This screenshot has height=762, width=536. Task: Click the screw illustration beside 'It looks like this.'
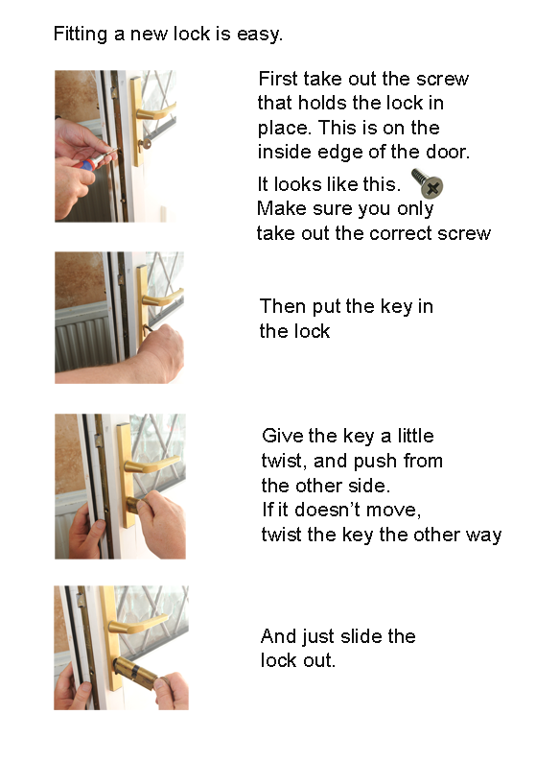[x=428, y=183]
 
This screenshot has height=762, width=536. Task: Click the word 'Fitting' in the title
[x=81, y=34]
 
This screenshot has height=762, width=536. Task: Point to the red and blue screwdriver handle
[x=86, y=164]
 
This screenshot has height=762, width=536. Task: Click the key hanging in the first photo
[x=144, y=144]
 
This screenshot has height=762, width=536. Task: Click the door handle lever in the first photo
[x=155, y=112]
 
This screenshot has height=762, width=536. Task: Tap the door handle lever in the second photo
[x=163, y=298]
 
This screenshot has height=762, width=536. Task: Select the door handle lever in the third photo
[x=151, y=465]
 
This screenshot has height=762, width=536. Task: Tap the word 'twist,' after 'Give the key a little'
[x=284, y=462]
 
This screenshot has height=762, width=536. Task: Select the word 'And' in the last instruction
[x=278, y=636]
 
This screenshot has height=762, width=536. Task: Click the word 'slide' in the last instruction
[x=357, y=636]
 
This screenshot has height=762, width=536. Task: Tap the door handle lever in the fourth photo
[x=139, y=624]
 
